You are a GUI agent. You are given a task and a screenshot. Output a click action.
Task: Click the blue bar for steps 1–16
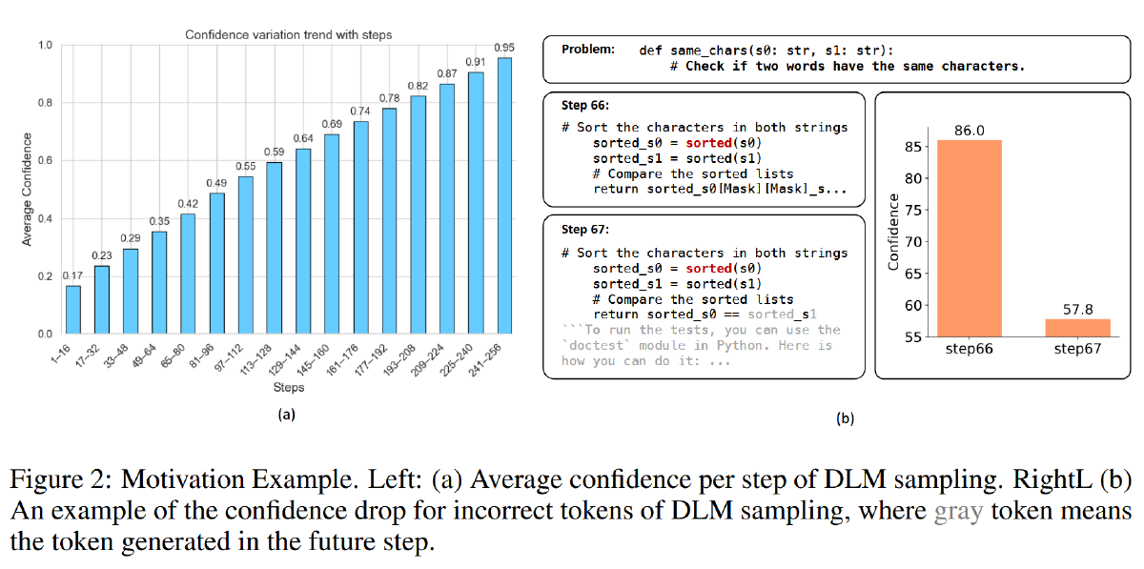tap(73, 310)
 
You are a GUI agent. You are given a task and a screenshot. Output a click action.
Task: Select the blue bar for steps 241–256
tap(504, 195)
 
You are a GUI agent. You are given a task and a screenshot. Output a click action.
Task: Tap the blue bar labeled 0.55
tap(246, 254)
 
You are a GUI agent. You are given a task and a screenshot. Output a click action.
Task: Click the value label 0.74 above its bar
tap(360, 111)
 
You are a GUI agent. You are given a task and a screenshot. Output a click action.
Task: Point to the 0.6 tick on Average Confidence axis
tap(45, 161)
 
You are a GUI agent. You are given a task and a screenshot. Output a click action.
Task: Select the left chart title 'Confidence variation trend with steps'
tap(288, 35)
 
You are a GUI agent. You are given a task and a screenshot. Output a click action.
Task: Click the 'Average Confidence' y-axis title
tap(28, 189)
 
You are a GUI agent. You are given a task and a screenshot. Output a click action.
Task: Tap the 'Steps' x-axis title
tap(288, 388)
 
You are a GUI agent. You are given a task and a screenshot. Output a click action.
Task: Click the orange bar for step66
tap(969, 238)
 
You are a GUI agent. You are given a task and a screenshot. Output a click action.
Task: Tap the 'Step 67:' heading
tap(584, 230)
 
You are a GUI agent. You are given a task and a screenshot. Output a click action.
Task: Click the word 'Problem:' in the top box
tap(588, 49)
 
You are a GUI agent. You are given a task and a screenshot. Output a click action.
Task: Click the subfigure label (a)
tap(287, 415)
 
